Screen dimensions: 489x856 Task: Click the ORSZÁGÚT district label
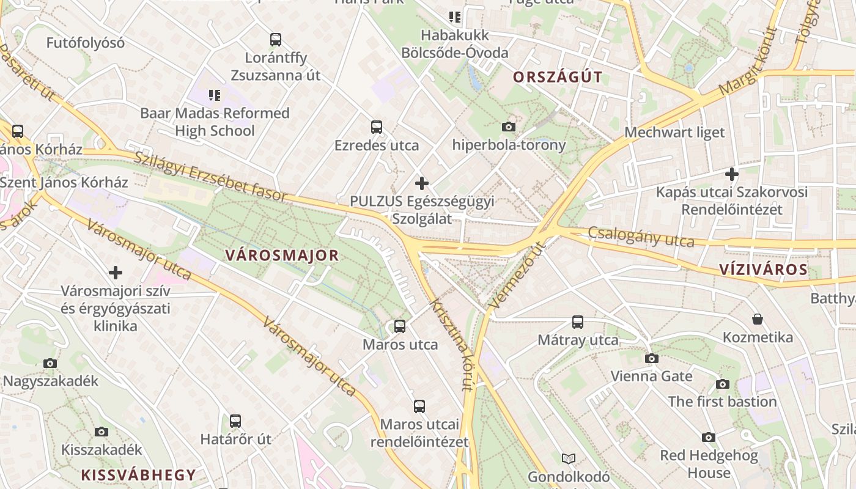click(558, 77)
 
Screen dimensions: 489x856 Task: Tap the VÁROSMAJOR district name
click(282, 256)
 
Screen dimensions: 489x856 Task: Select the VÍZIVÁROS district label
click(763, 270)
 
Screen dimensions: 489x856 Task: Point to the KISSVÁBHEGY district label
click(139, 474)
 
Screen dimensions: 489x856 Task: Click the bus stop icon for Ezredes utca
click(377, 127)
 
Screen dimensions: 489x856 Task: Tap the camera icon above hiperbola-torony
click(508, 127)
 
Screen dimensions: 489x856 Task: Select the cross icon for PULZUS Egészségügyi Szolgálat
click(421, 183)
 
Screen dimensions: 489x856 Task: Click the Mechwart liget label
click(674, 132)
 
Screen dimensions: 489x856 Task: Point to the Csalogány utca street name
click(641, 237)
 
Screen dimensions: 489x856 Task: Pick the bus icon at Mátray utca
click(578, 322)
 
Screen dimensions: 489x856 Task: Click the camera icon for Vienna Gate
click(652, 358)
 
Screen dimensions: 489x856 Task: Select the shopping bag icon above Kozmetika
click(758, 319)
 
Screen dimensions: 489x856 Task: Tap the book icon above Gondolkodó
click(569, 458)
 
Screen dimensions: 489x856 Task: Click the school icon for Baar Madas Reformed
click(214, 95)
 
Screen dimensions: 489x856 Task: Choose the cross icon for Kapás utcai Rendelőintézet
click(731, 174)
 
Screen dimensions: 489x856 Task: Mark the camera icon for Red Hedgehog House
click(709, 437)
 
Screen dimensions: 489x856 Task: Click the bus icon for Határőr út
click(235, 421)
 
